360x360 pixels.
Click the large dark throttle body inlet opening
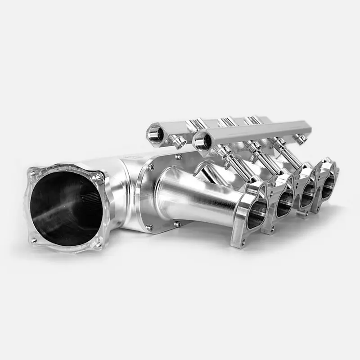click(65, 209)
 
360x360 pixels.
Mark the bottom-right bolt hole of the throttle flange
click(96, 245)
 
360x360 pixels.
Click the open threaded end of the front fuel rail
click(202, 142)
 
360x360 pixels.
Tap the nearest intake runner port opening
click(256, 214)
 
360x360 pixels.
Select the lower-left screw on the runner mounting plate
click(149, 228)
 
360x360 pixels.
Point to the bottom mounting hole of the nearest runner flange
click(243, 243)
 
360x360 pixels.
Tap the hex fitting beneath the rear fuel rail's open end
click(179, 143)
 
